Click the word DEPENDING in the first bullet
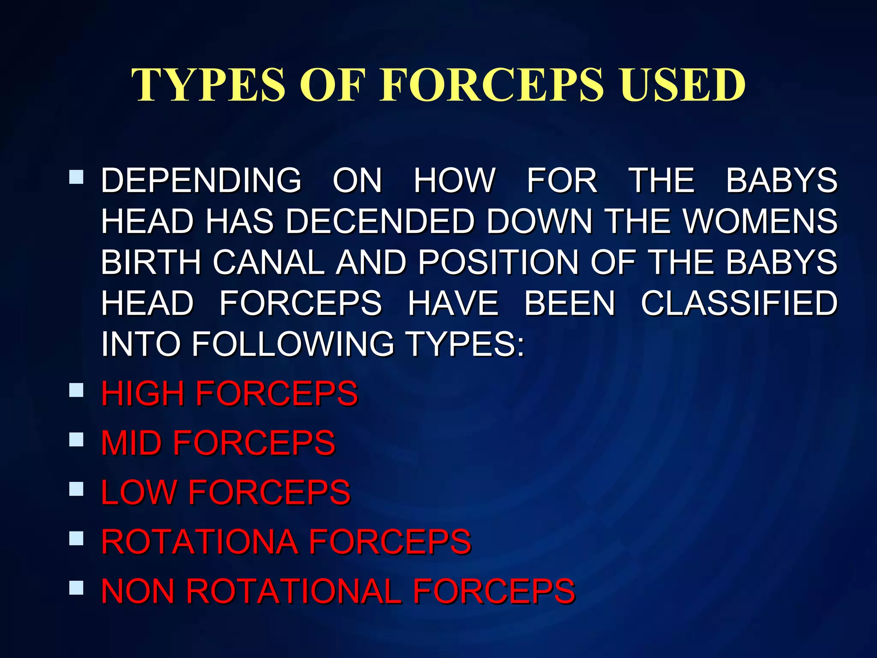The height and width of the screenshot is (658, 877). [201, 180]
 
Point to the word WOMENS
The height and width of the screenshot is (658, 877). [760, 221]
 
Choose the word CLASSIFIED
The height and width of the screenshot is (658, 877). [739, 303]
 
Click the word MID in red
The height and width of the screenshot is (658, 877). [131, 443]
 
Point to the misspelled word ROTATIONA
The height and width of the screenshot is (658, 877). [200, 541]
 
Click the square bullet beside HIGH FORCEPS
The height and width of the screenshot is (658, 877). [76, 390]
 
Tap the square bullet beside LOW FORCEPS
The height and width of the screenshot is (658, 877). [76, 489]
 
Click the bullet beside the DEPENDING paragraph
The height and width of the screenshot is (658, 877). [76, 177]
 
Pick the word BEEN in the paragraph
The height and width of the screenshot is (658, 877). [570, 303]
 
